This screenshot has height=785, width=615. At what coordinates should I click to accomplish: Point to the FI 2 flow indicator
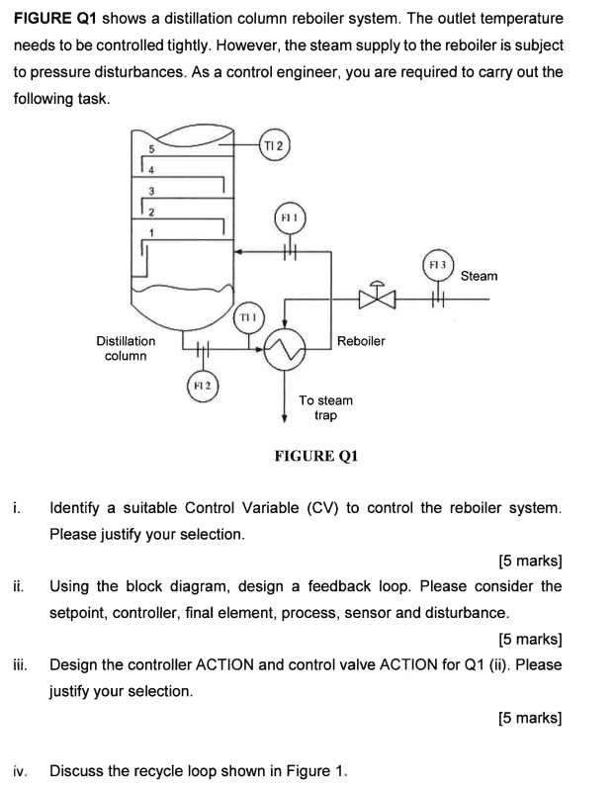[202, 384]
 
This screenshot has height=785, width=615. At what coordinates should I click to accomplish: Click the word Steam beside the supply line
[479, 276]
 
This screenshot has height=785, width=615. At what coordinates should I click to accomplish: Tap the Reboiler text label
[361, 340]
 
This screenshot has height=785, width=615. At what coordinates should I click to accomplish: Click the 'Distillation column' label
[126, 347]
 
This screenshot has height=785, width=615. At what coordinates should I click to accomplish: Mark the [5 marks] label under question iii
[530, 718]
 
